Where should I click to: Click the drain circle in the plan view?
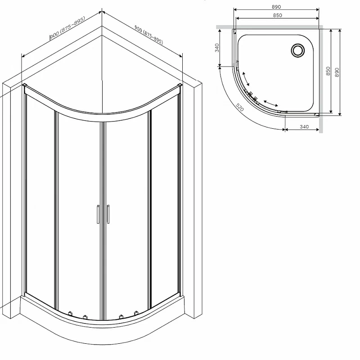(297, 50)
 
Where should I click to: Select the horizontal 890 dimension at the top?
(276, 7)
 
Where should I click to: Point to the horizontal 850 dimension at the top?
(277, 16)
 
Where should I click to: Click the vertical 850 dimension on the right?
(328, 71)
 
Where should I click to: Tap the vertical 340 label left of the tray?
(217, 48)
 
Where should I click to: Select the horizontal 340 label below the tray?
(303, 127)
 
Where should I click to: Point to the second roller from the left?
(84, 316)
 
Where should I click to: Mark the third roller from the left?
(121, 316)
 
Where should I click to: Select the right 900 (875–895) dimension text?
(148, 34)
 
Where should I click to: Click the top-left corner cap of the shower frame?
(24, 85)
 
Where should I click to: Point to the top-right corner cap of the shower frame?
(180, 85)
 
